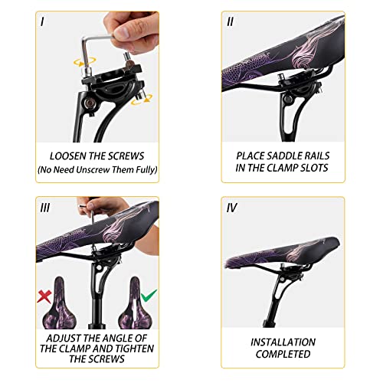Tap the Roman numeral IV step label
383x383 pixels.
231,207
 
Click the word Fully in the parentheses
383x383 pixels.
141,169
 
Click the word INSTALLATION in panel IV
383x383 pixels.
283,342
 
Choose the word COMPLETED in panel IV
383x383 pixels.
283,355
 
